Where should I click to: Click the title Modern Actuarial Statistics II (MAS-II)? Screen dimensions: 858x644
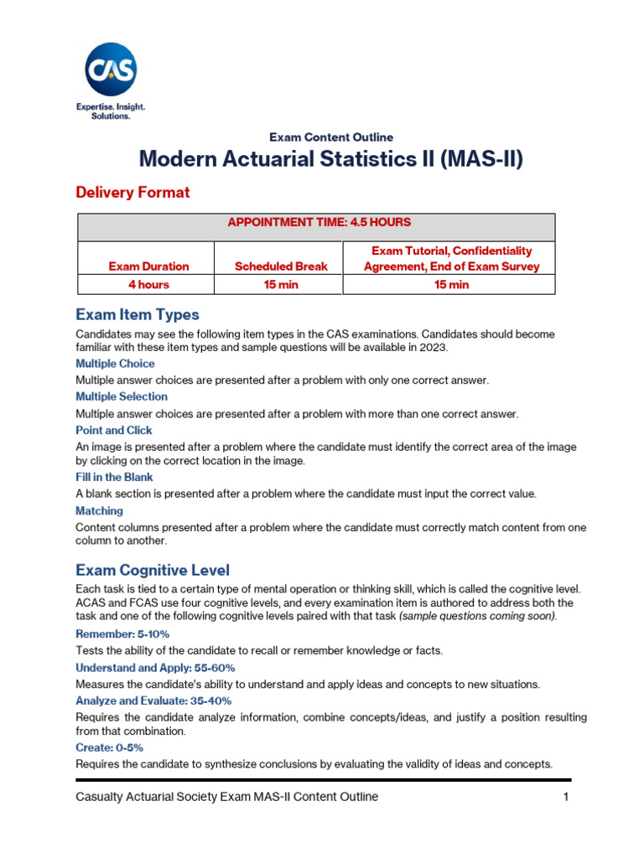tap(330, 159)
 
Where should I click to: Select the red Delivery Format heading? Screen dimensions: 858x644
tap(132, 193)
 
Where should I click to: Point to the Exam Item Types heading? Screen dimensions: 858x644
tap(138, 315)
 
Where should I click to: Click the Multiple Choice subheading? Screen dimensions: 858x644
tap(115, 364)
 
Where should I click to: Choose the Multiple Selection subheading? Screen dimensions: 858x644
tap(122, 396)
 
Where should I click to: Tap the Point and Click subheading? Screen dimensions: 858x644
tap(114, 430)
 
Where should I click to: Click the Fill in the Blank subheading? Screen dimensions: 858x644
tap(114, 477)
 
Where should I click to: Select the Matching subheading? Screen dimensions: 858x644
tap(99, 510)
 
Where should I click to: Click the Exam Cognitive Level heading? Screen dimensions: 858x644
tap(153, 571)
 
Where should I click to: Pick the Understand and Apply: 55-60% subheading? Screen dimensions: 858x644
tap(155, 668)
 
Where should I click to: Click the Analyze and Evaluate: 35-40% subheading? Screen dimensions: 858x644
tap(153, 700)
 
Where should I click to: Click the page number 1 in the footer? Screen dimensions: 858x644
tap(566, 797)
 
